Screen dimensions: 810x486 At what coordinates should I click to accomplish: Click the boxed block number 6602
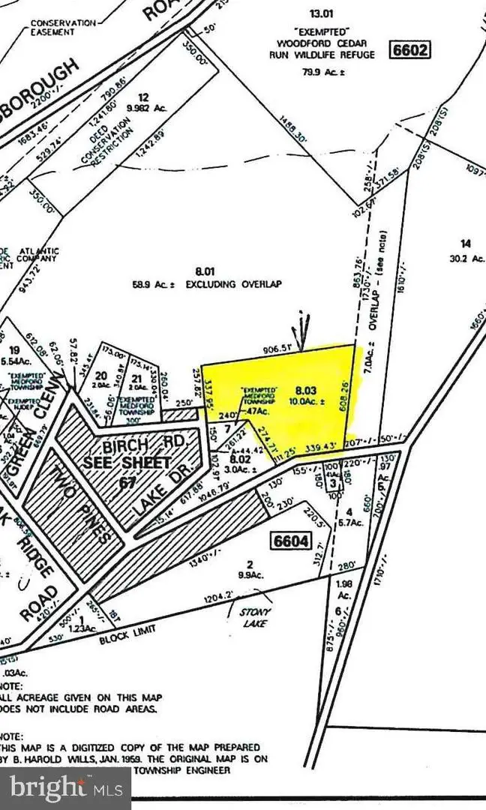click(409, 50)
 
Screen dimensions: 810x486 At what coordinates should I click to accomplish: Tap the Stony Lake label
click(253, 616)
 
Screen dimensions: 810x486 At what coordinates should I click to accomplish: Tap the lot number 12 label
click(142, 97)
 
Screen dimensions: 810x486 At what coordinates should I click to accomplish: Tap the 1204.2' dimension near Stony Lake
click(220, 599)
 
